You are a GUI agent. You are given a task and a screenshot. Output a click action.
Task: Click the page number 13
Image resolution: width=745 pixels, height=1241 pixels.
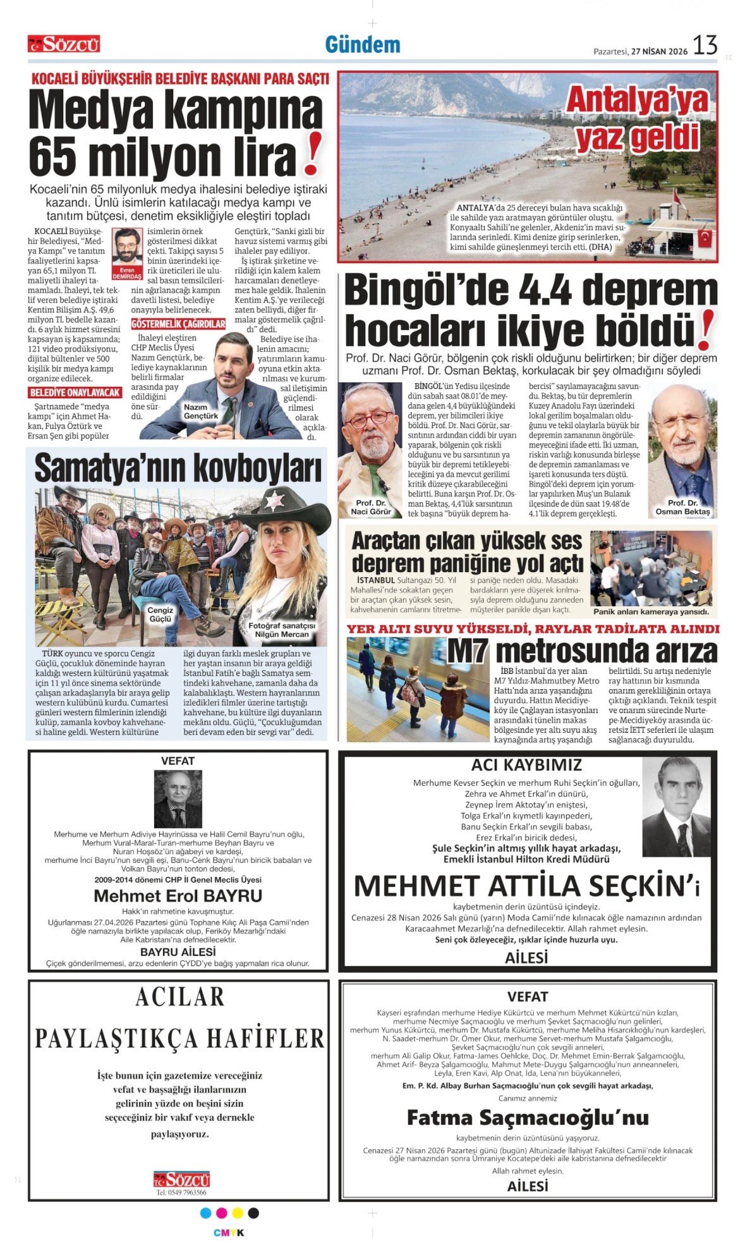(705, 46)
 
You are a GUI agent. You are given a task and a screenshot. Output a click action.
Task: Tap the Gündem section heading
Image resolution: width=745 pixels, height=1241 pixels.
(363, 45)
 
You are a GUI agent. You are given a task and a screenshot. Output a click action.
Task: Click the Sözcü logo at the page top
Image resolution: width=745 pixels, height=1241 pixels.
(64, 44)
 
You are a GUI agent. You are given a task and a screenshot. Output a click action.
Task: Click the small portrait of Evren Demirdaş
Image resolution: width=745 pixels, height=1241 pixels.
(127, 247)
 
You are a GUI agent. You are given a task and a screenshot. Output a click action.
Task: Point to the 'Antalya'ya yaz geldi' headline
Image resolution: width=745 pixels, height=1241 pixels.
(637, 119)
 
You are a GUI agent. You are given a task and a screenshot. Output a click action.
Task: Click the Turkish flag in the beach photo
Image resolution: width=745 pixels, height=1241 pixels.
(705, 238)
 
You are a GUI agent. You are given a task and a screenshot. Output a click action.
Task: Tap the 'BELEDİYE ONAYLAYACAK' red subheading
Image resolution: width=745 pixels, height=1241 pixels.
(75, 393)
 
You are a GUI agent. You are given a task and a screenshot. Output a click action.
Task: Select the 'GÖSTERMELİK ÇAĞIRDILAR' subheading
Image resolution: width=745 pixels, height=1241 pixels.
(178, 324)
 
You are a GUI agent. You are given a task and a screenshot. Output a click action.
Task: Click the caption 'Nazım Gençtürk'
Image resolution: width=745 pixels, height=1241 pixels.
(200, 412)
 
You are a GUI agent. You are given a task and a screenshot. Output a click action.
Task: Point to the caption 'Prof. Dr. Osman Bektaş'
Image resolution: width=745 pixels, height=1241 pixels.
(682, 507)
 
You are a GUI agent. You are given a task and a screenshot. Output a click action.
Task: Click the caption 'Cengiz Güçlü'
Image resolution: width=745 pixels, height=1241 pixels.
(160, 614)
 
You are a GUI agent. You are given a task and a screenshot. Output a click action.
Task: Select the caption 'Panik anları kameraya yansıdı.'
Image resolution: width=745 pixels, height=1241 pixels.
(651, 612)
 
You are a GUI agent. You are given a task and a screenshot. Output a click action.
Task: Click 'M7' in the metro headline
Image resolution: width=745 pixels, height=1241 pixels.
(468, 652)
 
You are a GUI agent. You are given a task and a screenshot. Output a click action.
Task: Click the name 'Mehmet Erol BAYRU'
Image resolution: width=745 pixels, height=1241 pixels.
(178, 896)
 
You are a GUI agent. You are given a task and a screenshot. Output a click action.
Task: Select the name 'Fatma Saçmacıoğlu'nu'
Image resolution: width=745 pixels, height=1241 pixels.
(528, 1118)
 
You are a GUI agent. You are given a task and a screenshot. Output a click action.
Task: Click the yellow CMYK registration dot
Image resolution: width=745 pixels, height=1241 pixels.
(238, 1213)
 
